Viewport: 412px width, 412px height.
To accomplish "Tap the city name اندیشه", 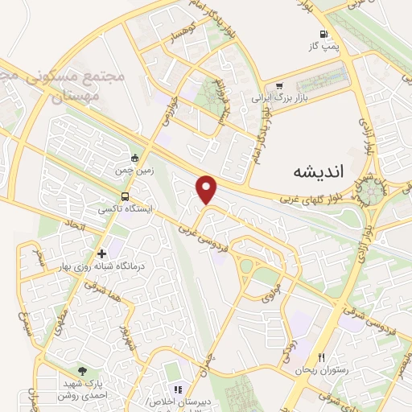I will click(x=307, y=171).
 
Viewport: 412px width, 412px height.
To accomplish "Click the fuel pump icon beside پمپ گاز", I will click(x=324, y=34).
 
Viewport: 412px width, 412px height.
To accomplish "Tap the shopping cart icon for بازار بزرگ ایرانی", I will click(x=279, y=85).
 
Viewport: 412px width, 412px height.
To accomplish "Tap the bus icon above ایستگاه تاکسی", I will click(x=125, y=196).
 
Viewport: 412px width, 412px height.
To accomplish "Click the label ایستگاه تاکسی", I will click(x=125, y=208).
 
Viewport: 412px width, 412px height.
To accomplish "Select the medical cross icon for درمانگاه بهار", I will click(x=101, y=253).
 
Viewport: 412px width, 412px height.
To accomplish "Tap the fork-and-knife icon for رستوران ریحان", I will click(x=321, y=357).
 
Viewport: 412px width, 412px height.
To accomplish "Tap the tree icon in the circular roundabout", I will click(x=373, y=190).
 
